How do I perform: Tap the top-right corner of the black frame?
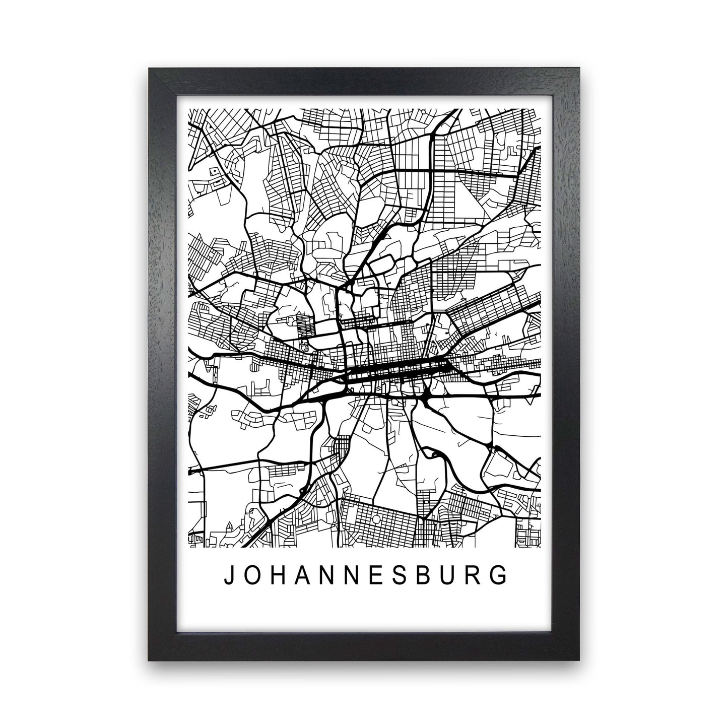581,69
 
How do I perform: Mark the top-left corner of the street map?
188,109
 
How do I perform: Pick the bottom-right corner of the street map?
541,547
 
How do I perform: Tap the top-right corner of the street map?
541,109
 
